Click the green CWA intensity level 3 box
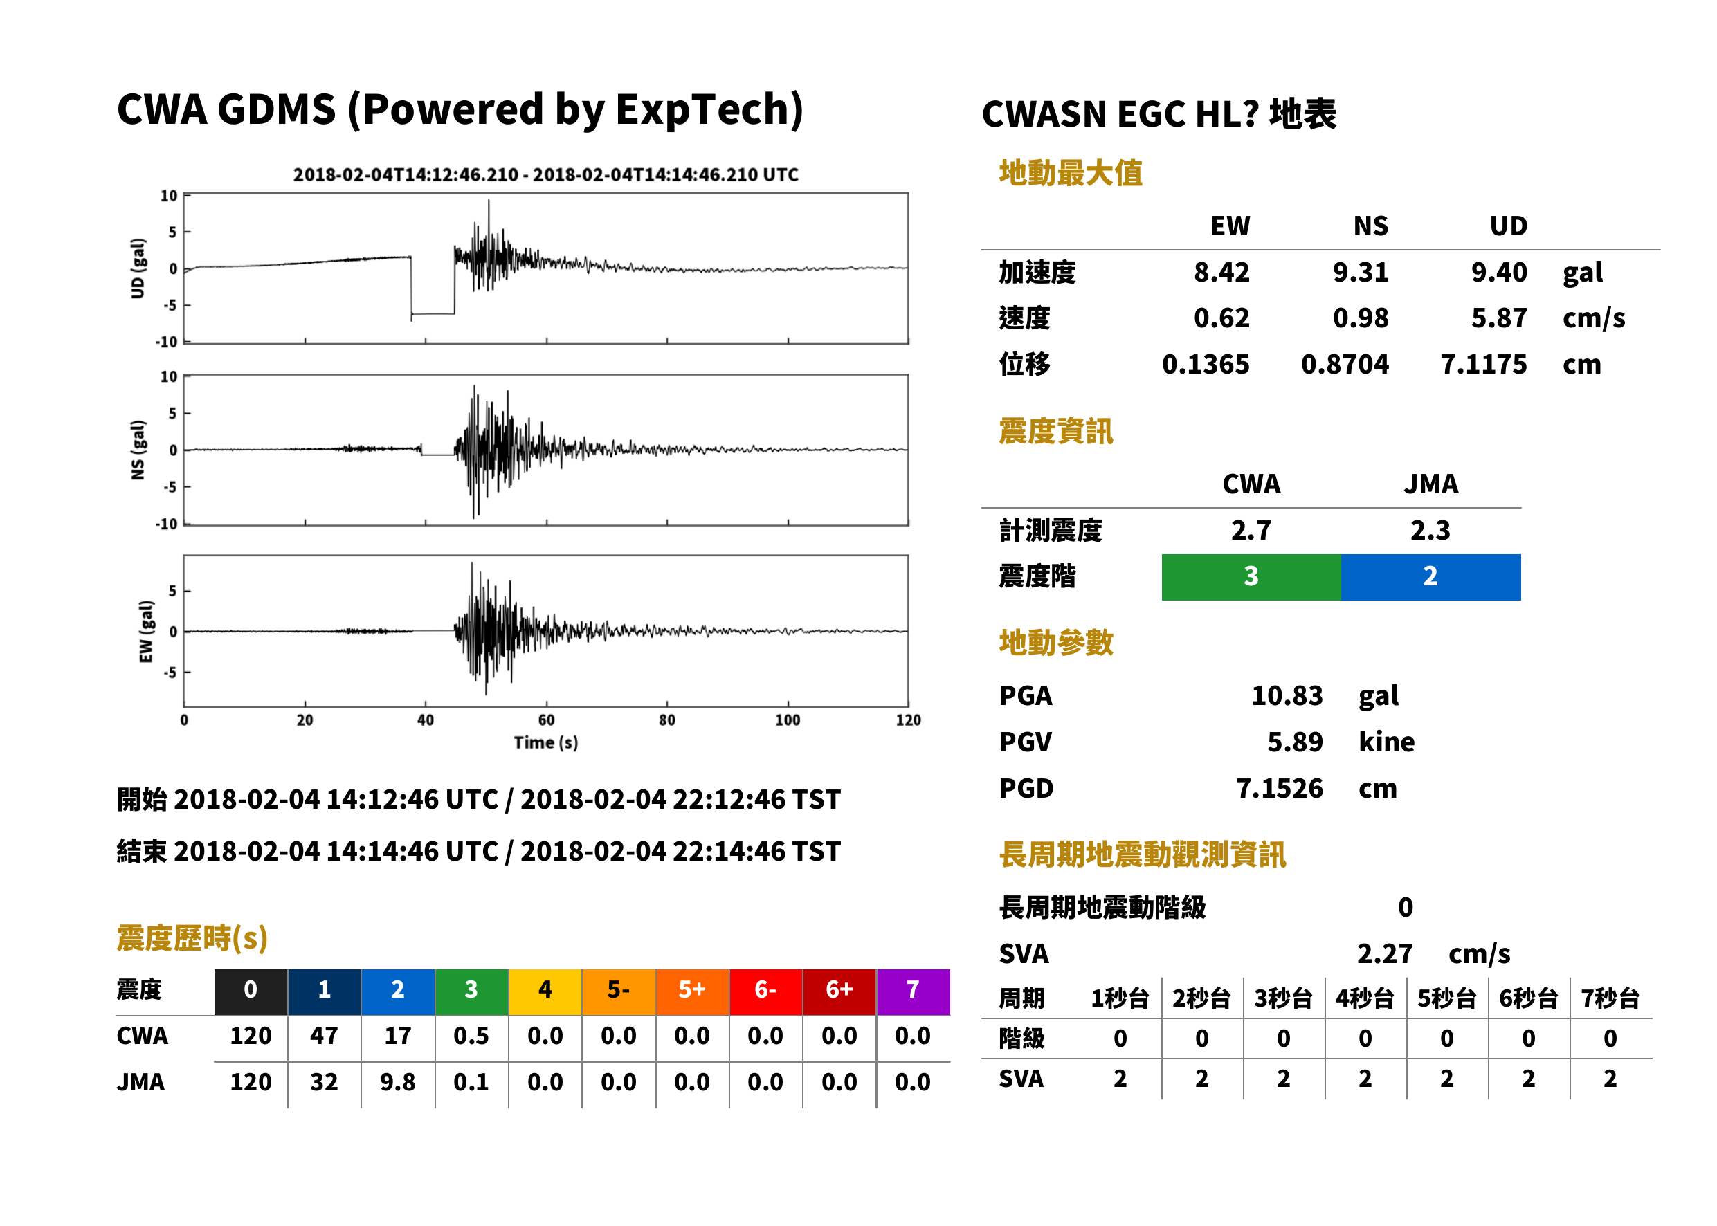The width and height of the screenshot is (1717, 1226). point(1251,577)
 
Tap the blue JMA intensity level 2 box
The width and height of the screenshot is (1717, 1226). point(1431,577)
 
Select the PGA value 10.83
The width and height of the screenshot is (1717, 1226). point(1287,695)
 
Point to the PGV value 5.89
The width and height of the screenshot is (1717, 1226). point(1295,742)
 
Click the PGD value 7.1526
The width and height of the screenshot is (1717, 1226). point(1279,789)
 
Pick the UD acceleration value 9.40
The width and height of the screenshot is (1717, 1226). point(1499,273)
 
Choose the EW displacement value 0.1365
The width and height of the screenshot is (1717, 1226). point(1206,365)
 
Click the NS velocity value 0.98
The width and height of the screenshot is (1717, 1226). point(1361,318)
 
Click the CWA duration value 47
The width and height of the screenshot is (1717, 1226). point(324,1036)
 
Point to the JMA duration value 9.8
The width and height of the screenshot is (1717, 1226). point(398,1083)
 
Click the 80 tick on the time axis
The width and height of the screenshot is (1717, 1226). point(666,720)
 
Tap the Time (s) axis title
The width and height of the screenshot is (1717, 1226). point(546,743)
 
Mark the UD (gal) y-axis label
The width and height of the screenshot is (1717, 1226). point(138,268)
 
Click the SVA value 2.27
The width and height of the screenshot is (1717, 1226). point(1385,954)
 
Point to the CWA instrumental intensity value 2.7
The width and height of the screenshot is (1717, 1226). point(1251,531)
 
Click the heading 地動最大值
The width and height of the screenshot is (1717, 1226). point(1071,174)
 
